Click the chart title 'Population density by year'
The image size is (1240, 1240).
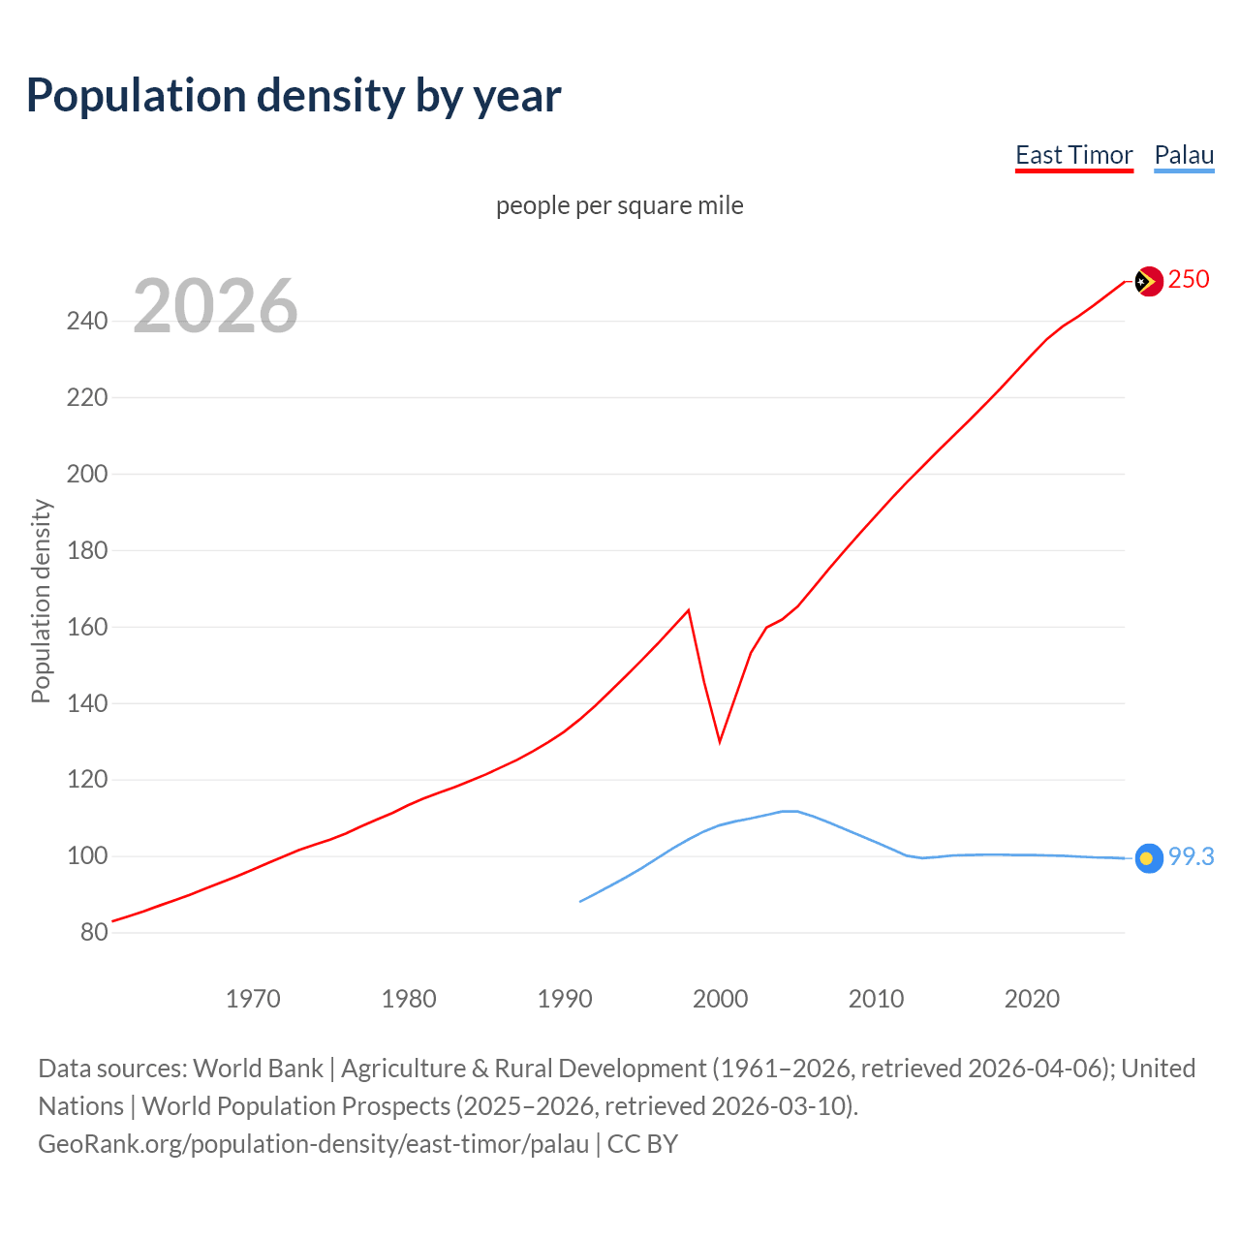coord(294,96)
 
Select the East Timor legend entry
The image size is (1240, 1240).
coord(1073,155)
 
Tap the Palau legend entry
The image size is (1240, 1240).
coord(1184,155)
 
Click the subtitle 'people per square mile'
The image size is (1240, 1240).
coord(619,205)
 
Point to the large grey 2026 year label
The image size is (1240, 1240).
coord(215,306)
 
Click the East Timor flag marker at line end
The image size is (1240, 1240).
coord(1148,281)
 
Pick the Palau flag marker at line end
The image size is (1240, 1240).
coord(1148,858)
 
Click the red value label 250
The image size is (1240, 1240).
coord(1189,279)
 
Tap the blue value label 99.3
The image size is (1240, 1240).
coord(1191,856)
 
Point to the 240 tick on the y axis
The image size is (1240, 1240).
coord(87,321)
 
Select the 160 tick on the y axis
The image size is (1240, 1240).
coord(87,627)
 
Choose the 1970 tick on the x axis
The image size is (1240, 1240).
coord(253,998)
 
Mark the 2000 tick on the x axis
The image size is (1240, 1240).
coord(720,998)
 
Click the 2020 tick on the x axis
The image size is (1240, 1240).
coord(1032,998)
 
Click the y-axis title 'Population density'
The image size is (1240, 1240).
coord(41,601)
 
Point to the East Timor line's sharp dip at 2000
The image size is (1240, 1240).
coord(720,741)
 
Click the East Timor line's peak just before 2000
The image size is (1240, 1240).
coord(688,610)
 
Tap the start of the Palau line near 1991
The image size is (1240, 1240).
coord(580,901)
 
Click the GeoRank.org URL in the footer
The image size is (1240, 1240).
coord(313,1143)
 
